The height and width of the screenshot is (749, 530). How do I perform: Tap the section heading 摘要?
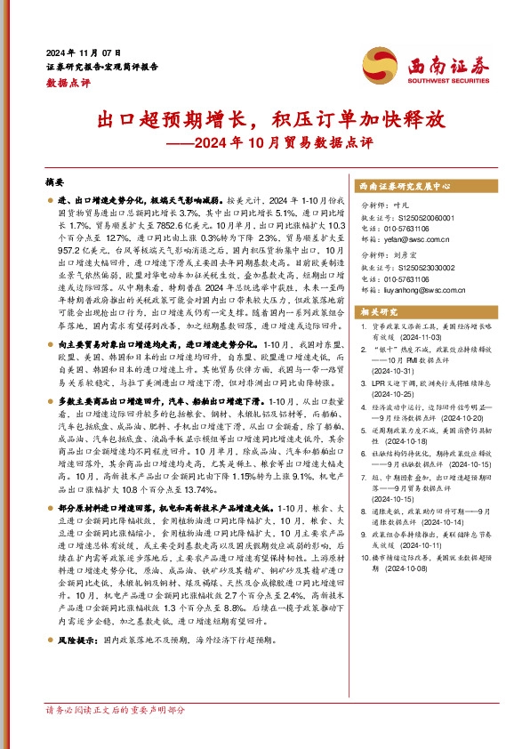pos(54,181)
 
